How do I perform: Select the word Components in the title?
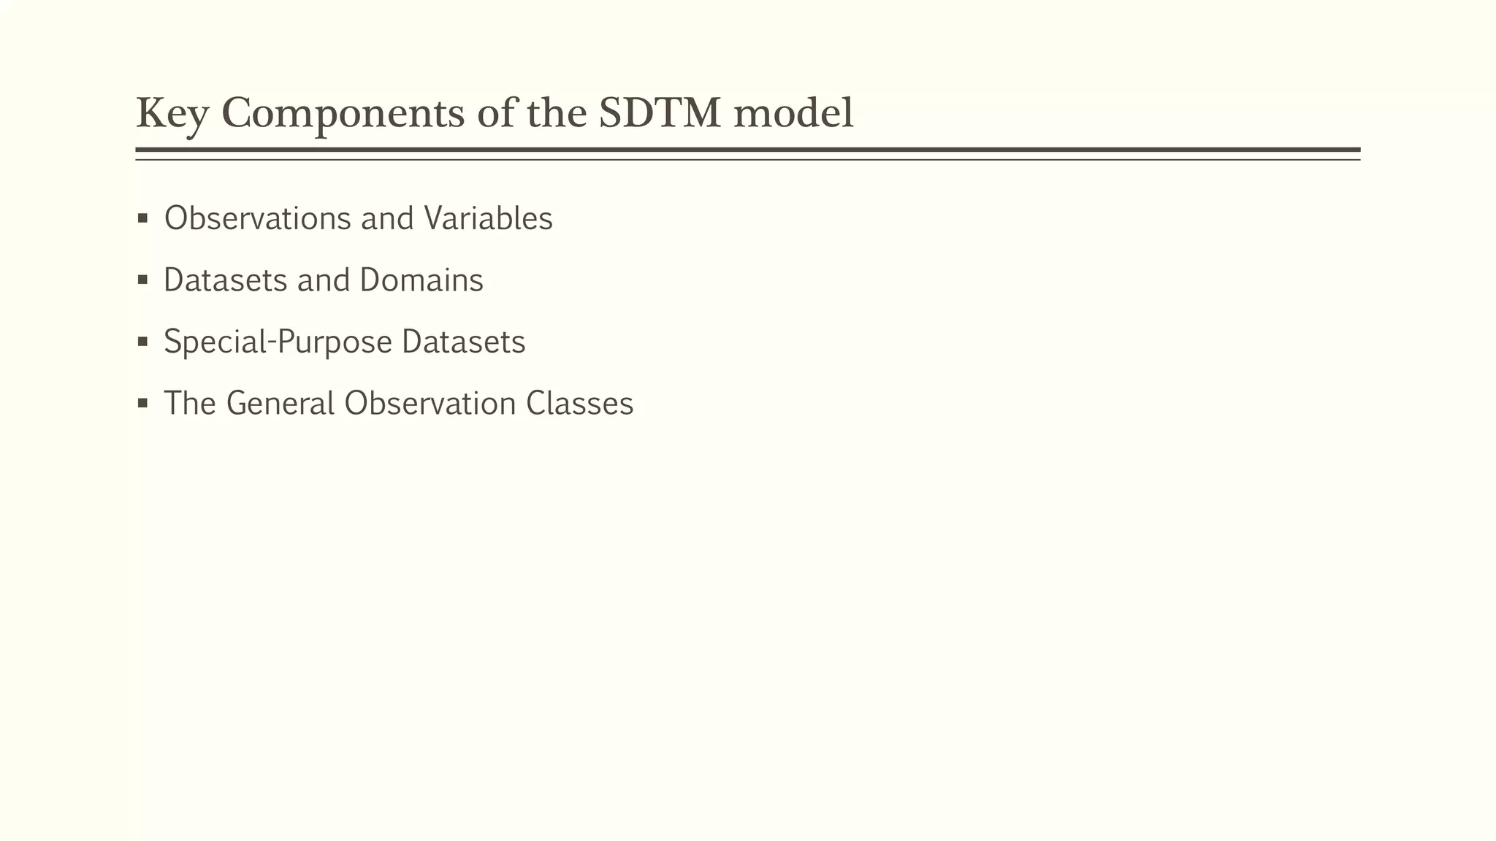343,115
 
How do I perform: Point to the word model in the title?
793,115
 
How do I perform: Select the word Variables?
488,218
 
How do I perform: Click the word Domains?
421,280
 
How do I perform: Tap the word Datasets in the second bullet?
226,280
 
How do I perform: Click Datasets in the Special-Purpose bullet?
464,342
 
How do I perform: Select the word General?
280,404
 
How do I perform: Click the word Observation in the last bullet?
430,404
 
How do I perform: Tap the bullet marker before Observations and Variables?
143,218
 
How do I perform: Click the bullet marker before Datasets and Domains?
143,280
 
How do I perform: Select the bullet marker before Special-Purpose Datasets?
143,341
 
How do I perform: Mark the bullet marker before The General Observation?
143,403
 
